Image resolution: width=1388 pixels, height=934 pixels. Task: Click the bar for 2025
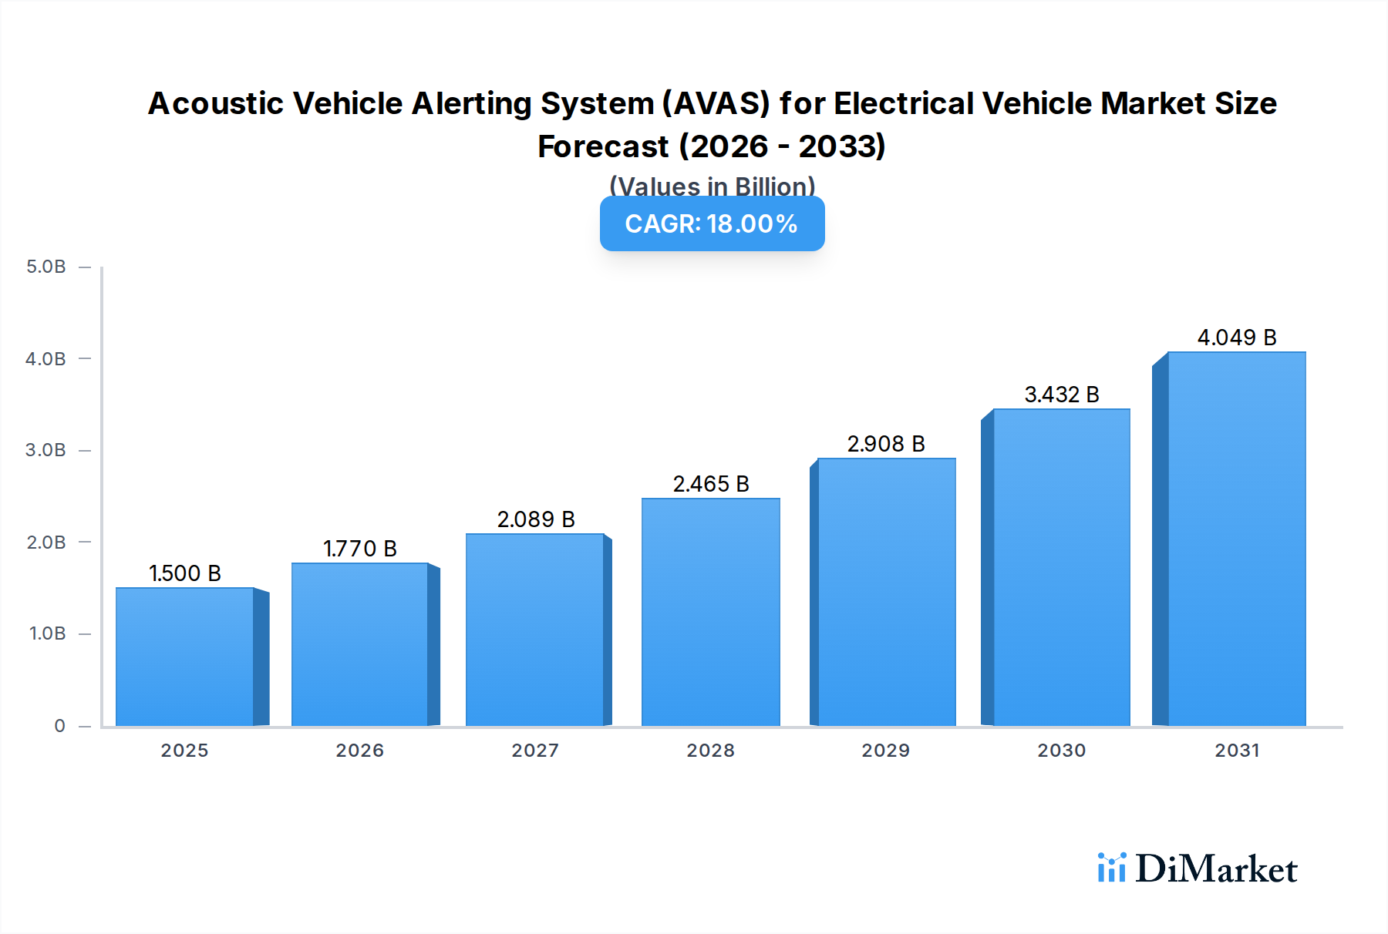click(185, 657)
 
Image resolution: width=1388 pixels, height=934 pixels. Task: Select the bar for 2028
click(710, 612)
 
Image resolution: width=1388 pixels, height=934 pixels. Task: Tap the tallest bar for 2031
click(1236, 539)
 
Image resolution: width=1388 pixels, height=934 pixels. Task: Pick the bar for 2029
click(886, 592)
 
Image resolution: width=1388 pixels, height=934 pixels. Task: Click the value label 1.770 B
click(359, 549)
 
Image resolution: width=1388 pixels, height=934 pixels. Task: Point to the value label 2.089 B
click(536, 519)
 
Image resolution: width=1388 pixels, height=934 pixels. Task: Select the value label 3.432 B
click(1061, 395)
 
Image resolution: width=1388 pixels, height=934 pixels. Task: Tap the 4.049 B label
click(1236, 338)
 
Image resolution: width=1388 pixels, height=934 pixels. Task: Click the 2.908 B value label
click(886, 444)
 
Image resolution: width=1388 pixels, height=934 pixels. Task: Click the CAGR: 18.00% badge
click(712, 223)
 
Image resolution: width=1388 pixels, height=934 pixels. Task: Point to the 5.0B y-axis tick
click(46, 267)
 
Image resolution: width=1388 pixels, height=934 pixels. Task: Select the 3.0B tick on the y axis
click(46, 450)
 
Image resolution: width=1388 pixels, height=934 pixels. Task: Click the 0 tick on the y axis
click(59, 726)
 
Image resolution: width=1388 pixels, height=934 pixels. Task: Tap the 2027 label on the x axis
click(535, 751)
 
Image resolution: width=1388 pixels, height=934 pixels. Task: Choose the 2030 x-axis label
click(1061, 751)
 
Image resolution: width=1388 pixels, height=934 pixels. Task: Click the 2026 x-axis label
click(359, 751)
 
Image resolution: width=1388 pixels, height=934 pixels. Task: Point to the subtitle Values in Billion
click(712, 186)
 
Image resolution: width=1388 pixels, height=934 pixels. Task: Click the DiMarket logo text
click(1216, 869)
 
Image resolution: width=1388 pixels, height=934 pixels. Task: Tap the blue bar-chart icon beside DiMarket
click(1111, 868)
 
